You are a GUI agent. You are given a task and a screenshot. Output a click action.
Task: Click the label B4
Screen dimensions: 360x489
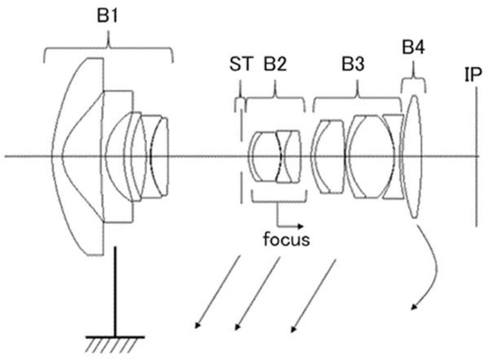(x=413, y=48)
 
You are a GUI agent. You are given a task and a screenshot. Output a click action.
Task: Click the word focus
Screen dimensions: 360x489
(x=286, y=239)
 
